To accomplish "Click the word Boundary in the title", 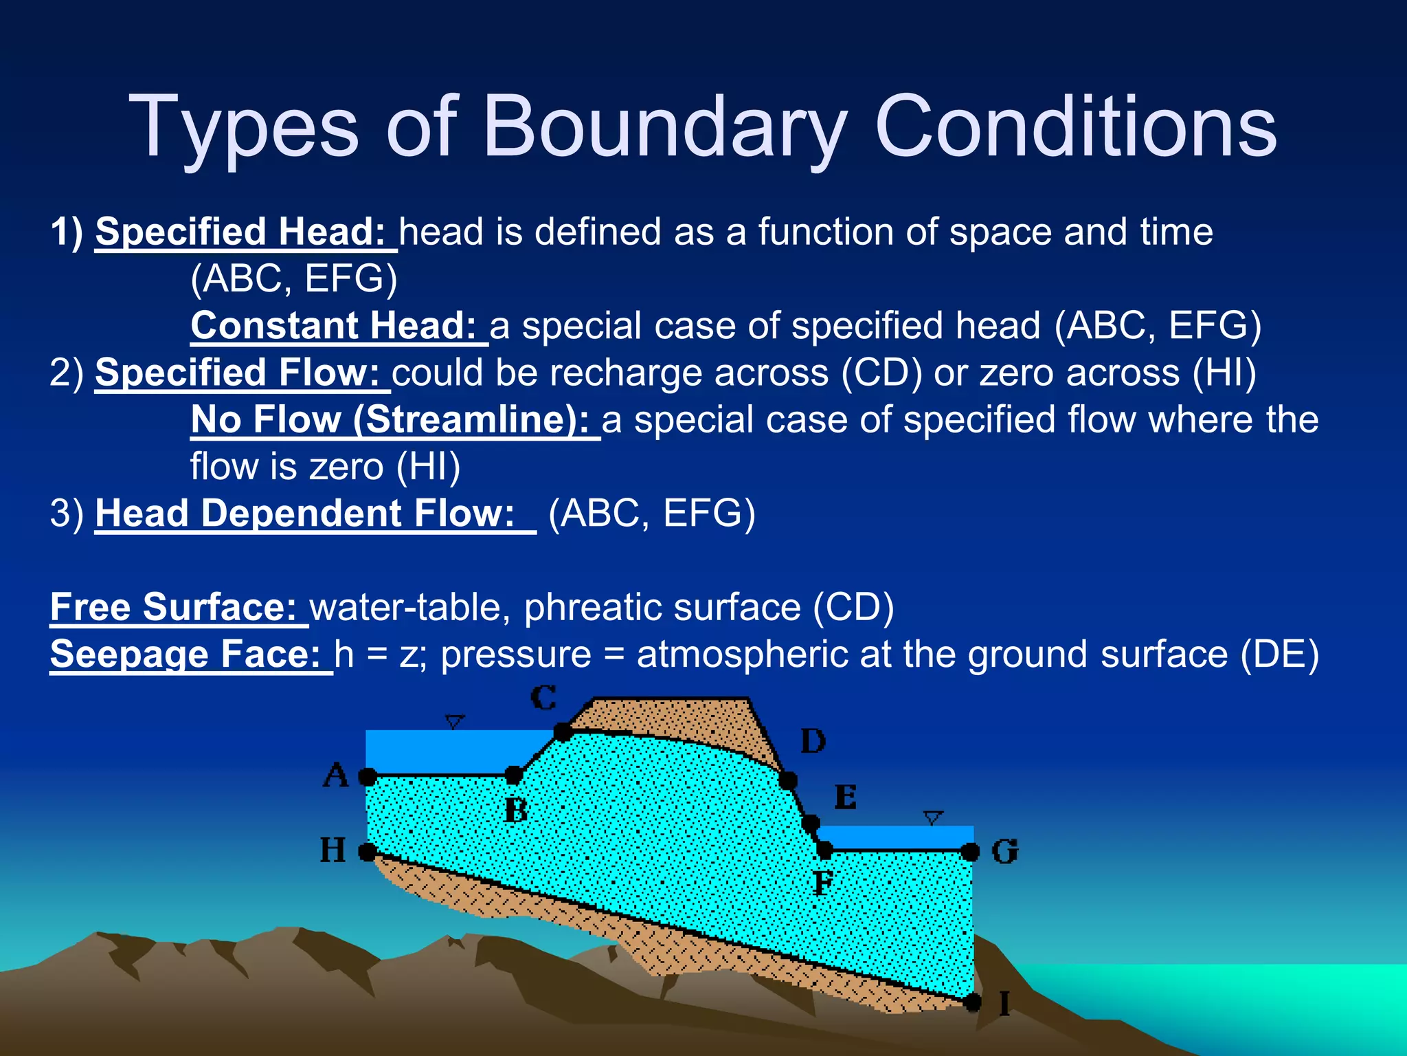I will click(666, 128).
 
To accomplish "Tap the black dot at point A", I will click(368, 778).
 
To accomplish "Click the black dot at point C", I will click(563, 732).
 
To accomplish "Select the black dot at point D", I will click(788, 780).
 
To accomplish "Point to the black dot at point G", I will click(970, 852).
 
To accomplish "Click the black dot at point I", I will click(972, 1003).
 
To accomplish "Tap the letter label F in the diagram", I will click(822, 882).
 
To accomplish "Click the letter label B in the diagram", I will click(515, 811).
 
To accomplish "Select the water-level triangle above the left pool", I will click(454, 722).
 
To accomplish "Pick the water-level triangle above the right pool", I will click(932, 818).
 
